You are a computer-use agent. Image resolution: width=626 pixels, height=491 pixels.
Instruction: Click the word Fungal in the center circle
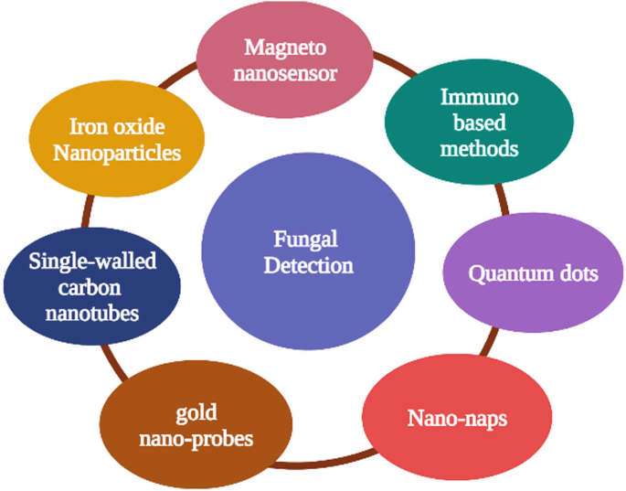(x=305, y=240)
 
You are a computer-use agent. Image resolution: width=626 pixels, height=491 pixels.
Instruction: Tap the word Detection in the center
(x=305, y=266)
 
